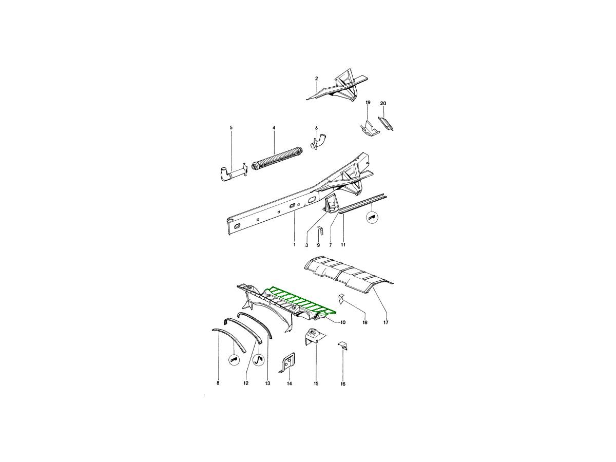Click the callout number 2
click(316, 79)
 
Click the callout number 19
click(368, 102)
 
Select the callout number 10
click(343, 322)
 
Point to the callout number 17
click(386, 322)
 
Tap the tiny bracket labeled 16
click(343, 346)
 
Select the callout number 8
click(218, 383)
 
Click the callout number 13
click(267, 383)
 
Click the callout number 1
click(294, 245)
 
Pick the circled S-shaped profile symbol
click(259, 359)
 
